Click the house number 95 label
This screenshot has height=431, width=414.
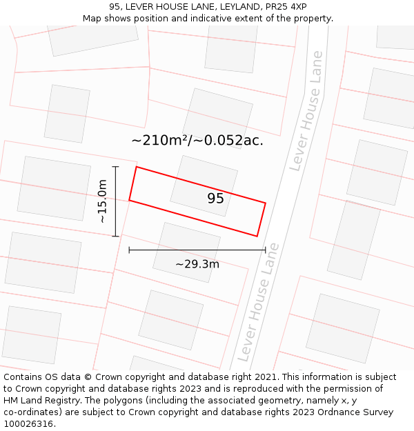tap(215, 199)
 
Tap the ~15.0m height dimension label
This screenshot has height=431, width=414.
tap(102, 201)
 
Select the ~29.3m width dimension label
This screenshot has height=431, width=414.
tap(197, 264)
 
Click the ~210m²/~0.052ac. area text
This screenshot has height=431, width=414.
tap(197, 141)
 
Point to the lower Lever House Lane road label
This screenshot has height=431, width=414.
tap(259, 301)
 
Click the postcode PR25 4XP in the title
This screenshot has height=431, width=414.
tap(284, 7)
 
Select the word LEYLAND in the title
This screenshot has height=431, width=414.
tap(215, 7)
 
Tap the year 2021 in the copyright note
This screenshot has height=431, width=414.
tap(264, 377)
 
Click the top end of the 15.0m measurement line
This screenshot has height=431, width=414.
tap(115, 166)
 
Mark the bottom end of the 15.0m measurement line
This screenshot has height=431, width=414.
tap(115, 236)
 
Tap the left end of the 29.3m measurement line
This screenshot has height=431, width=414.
tap(129, 250)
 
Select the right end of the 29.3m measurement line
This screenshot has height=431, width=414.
tap(266, 250)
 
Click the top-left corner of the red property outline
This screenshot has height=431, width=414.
tap(137, 167)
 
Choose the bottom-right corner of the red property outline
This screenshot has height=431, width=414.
tap(257, 236)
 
